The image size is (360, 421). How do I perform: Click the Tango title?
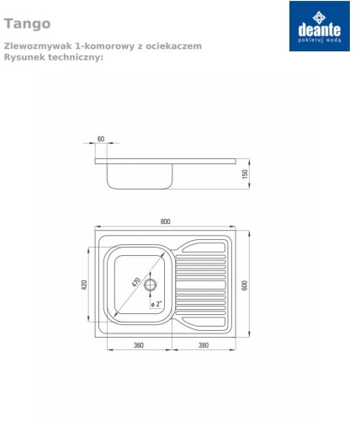click(x=27, y=24)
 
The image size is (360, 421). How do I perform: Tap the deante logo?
click(x=320, y=26)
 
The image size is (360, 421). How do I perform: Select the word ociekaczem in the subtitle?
click(x=173, y=46)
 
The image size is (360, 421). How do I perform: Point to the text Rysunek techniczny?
click(x=54, y=57)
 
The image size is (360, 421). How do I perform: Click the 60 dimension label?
click(x=101, y=139)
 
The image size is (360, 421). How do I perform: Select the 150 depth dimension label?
click(x=245, y=174)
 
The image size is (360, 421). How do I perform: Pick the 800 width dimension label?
click(x=165, y=221)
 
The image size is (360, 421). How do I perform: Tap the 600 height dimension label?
click(x=245, y=285)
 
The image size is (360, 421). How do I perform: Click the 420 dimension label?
click(x=84, y=285)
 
